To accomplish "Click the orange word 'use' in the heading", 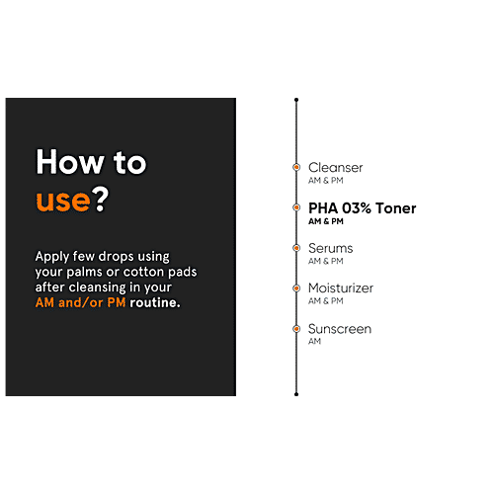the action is pyautogui.click(x=63, y=201).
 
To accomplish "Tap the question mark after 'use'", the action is pyautogui.click(x=100, y=199).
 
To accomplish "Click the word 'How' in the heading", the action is pyautogui.click(x=69, y=162).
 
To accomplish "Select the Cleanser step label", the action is pyautogui.click(x=335, y=168).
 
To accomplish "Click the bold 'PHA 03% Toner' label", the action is pyautogui.click(x=363, y=208).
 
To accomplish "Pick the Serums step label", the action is pyautogui.click(x=330, y=248).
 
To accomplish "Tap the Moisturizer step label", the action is pyautogui.click(x=341, y=288).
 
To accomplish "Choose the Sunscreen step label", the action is pyautogui.click(x=340, y=329).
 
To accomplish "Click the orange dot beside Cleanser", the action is pyautogui.click(x=296, y=167).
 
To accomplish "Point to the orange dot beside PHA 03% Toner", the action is pyautogui.click(x=296, y=207).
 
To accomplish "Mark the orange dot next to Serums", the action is pyautogui.click(x=296, y=248).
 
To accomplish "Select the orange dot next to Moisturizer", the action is pyautogui.click(x=296, y=288).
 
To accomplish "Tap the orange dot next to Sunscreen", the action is pyautogui.click(x=296, y=329).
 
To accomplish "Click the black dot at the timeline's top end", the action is pyautogui.click(x=296, y=100).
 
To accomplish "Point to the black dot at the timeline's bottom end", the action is pyautogui.click(x=296, y=394).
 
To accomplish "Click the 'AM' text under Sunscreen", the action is pyautogui.click(x=314, y=341).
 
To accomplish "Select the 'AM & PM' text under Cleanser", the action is pyautogui.click(x=326, y=181).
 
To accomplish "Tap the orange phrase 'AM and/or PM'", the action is pyautogui.click(x=80, y=302).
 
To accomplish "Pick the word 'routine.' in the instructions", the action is pyautogui.click(x=155, y=302).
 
